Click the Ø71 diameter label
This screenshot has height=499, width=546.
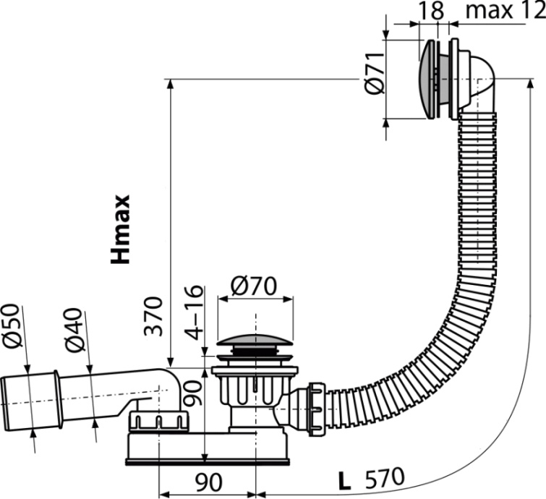(374, 75)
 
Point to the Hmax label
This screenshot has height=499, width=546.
(120, 229)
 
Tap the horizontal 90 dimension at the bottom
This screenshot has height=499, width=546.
(206, 481)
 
